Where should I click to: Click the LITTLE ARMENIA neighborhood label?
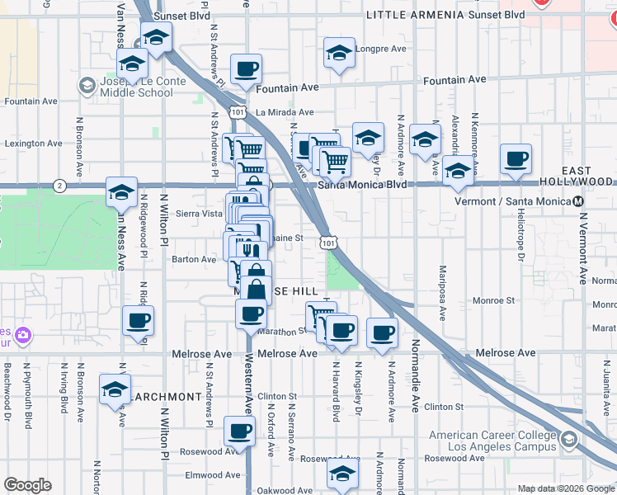415,15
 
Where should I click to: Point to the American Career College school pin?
568,441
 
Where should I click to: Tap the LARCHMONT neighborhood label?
167,397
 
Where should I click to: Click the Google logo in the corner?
27,485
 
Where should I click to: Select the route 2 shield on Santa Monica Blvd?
59,185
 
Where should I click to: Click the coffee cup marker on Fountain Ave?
246,69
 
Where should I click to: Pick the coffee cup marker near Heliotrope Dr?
516,159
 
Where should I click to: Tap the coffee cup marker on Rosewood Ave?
239,431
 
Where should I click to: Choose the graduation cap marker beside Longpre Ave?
337,54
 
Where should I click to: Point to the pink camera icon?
23,336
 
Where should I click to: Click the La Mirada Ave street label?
284,112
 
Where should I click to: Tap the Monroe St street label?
493,301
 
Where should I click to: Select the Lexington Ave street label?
33,143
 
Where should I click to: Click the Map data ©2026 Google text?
566,488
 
